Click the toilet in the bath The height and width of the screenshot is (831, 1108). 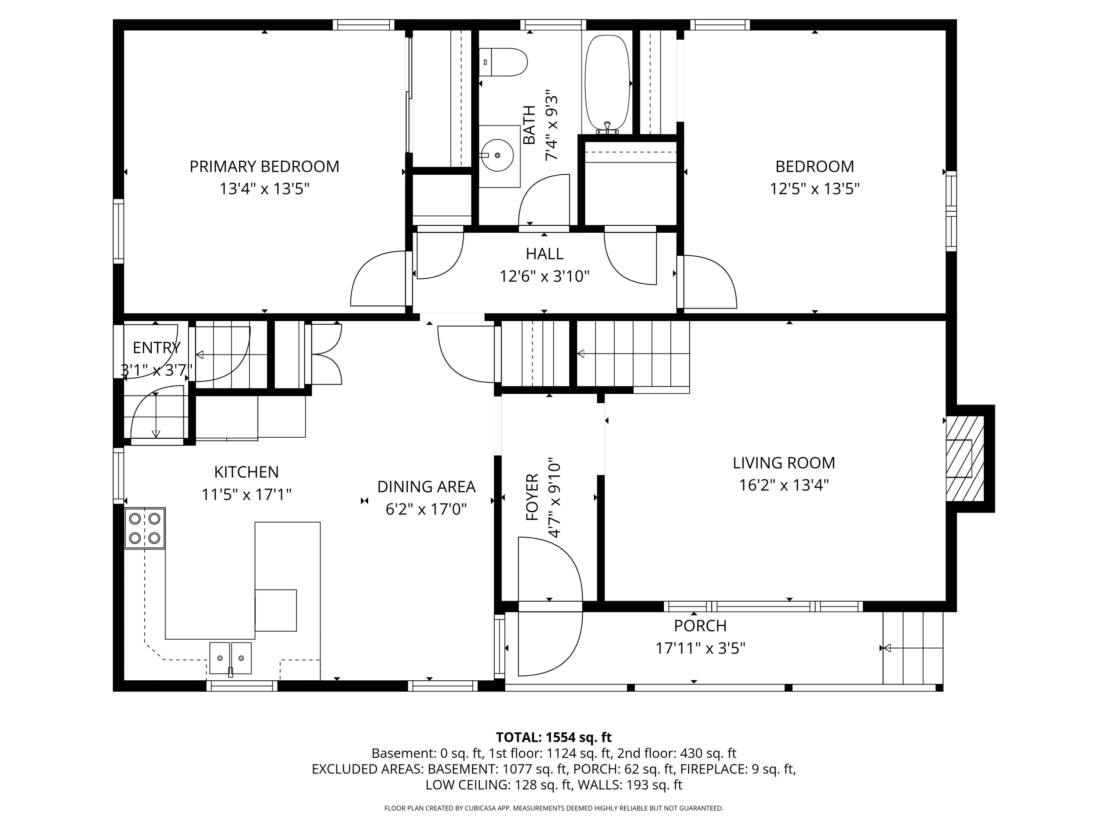tap(503, 62)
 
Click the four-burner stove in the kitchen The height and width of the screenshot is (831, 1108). tap(145, 528)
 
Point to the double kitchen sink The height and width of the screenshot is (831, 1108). tap(230, 658)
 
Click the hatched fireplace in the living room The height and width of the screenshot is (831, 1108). tap(965, 458)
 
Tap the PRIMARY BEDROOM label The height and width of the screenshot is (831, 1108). tap(264, 166)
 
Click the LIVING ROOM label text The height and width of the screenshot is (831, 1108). tap(784, 463)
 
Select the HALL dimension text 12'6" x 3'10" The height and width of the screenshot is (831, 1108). tap(544, 276)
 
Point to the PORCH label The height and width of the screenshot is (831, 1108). tap(700, 626)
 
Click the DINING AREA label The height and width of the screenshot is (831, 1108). tap(426, 486)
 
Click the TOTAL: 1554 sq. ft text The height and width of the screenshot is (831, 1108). tap(554, 737)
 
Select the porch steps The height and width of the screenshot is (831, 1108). tap(913, 648)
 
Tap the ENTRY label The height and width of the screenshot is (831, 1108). tap(156, 348)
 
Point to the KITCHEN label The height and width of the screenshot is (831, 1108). tap(246, 472)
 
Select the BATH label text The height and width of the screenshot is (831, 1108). tap(529, 125)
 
